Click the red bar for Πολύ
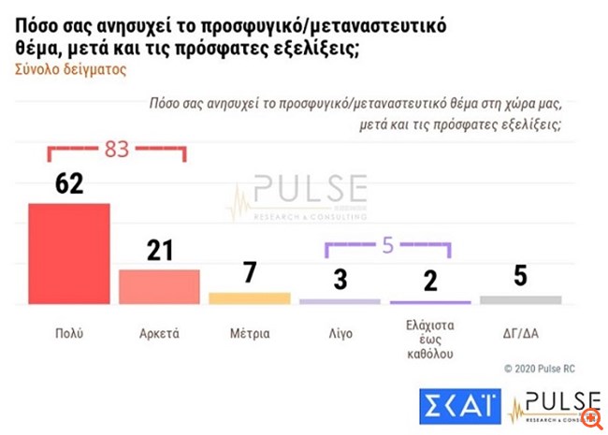(x=69, y=254)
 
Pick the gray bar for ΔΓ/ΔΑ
(x=520, y=299)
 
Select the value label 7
(x=250, y=272)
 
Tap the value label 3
(x=340, y=278)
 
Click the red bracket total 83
(x=116, y=148)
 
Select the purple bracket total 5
(x=387, y=247)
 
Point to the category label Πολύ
(x=68, y=332)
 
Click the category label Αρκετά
(x=160, y=332)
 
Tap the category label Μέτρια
(x=250, y=332)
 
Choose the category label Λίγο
(x=340, y=332)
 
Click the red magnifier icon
(x=589, y=416)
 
